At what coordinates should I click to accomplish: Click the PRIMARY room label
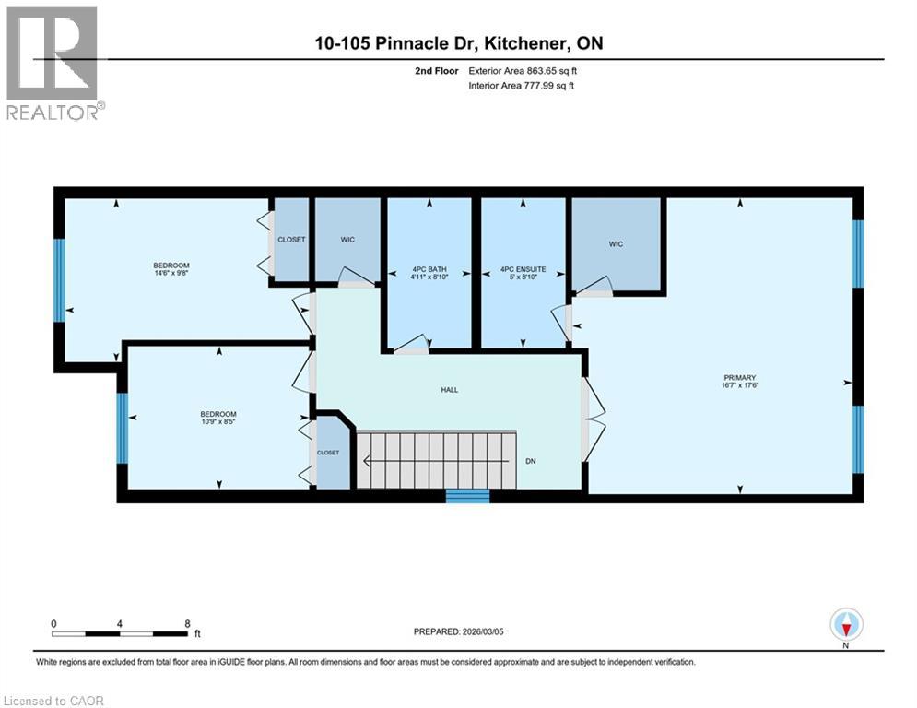click(739, 377)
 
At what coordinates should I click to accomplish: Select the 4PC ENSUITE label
click(523, 270)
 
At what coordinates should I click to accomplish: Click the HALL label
click(449, 390)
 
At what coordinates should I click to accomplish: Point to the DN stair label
click(531, 461)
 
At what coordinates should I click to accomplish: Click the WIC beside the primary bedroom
click(616, 244)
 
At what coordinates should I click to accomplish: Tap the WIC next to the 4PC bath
click(347, 240)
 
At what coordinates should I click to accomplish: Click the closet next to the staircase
click(328, 453)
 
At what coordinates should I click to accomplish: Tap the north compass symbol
click(845, 626)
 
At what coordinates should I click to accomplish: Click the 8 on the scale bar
click(187, 623)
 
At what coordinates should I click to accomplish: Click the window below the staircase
click(467, 496)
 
